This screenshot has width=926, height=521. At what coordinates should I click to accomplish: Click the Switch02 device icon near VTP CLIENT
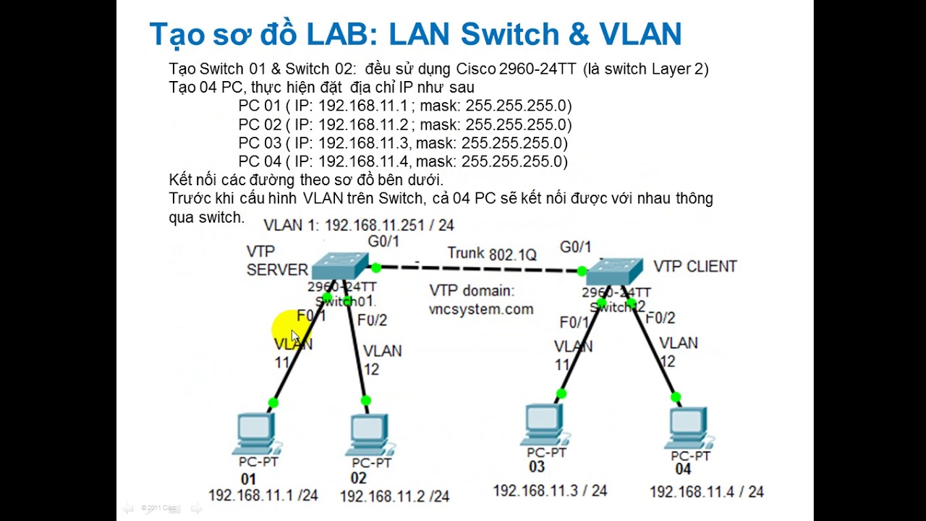614,271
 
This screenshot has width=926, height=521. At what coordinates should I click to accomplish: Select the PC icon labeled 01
258,433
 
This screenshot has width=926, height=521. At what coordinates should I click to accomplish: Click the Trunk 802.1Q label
492,254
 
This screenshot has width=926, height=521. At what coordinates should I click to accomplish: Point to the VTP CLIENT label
694,266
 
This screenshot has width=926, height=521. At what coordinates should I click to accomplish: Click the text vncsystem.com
481,309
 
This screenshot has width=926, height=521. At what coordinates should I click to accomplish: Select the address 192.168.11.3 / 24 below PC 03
550,491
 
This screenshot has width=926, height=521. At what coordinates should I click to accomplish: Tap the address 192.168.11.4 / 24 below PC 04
706,492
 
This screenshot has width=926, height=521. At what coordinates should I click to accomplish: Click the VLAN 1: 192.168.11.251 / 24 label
359,225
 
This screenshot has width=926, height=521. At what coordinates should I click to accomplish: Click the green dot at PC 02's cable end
365,400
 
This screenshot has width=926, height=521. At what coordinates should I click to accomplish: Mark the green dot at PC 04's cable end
676,397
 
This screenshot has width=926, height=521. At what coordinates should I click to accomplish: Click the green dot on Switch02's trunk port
582,271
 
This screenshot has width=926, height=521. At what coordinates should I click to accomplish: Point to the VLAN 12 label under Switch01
382,360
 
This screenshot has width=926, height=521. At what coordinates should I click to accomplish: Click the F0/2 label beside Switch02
660,318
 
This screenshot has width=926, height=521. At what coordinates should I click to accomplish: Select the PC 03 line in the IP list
403,143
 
